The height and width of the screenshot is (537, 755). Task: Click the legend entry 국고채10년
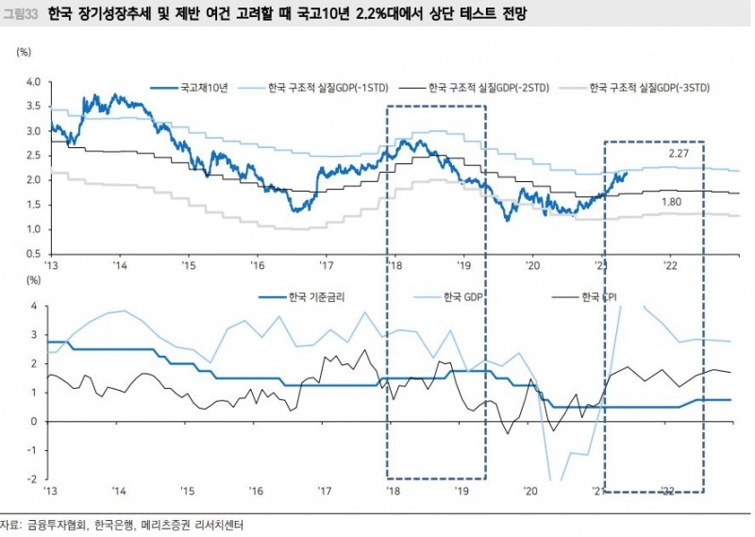[199, 89]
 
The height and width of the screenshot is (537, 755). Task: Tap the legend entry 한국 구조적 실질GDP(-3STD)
[650, 89]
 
